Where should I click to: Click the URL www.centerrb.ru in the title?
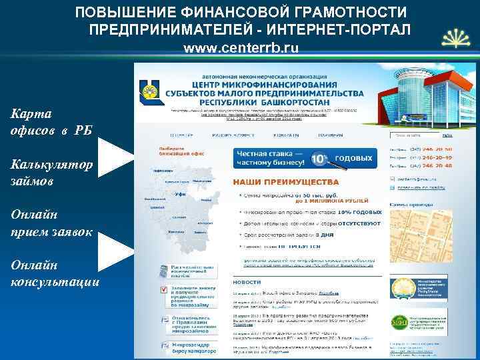coord(241,48)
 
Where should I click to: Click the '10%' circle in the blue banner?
coord(319,159)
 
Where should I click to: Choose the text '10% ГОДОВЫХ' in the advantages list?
coord(361,211)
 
